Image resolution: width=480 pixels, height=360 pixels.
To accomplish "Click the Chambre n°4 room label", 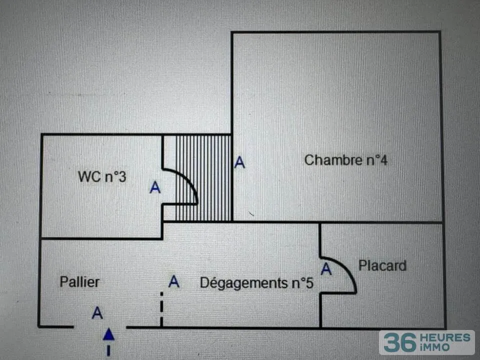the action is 346,160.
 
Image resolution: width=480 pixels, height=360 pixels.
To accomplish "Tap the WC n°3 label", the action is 102,176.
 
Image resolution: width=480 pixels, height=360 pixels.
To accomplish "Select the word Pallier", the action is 79,281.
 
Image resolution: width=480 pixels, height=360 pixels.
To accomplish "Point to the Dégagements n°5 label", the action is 256,283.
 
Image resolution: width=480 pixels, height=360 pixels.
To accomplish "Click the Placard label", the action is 382,265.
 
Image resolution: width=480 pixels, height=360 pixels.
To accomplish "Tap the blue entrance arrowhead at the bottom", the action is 108,334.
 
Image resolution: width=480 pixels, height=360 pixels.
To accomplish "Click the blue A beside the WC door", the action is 155,187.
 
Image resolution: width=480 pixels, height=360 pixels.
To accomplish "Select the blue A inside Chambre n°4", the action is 239,162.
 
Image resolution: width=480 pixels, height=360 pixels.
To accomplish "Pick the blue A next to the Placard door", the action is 326,269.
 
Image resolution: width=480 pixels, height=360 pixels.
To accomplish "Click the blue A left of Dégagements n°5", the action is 174,281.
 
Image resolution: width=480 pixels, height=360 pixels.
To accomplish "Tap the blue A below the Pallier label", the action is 97,313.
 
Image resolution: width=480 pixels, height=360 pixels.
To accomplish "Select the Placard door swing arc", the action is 348,270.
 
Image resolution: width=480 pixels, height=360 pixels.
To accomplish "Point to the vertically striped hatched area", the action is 203,178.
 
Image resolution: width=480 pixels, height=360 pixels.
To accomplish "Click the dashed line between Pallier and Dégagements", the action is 161,309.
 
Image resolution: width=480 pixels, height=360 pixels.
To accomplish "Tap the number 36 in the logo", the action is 400,342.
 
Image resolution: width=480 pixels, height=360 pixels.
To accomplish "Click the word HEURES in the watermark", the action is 445,338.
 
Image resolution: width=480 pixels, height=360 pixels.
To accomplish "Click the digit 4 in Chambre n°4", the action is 384,160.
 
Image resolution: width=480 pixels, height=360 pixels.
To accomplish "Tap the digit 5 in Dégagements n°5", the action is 310,283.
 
